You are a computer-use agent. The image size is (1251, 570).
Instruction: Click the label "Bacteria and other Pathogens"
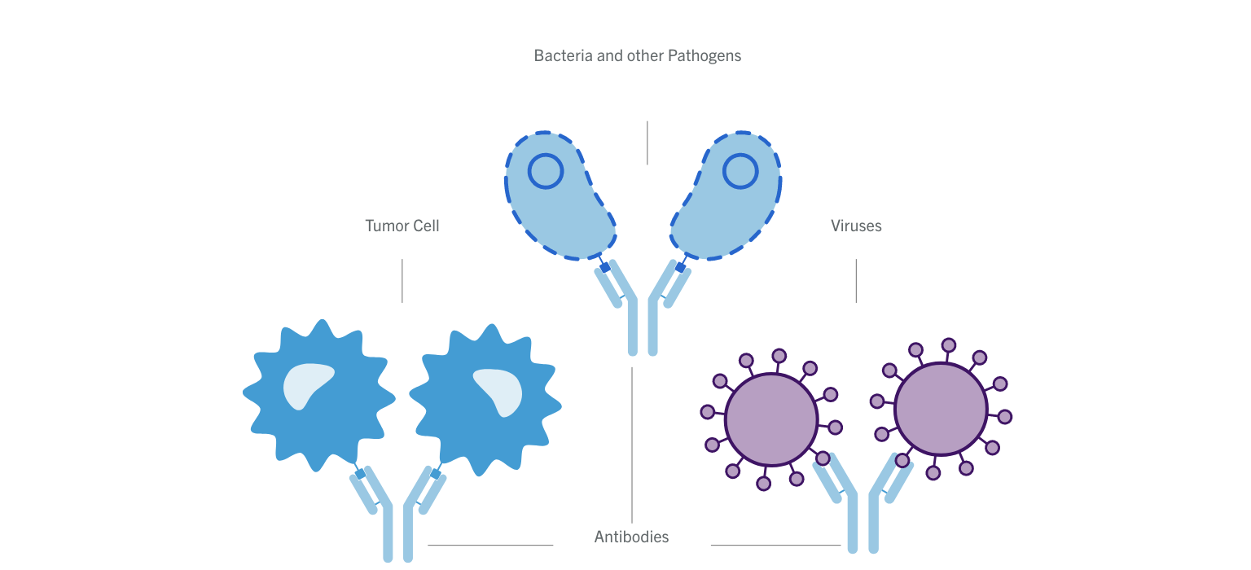tap(637, 56)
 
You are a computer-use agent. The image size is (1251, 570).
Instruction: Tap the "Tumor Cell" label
tap(402, 226)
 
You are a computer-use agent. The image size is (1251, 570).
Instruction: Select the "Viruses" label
tap(856, 226)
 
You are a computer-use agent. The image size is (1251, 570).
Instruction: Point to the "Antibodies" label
tap(631, 537)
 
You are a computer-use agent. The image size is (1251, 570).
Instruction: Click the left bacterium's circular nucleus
tap(545, 171)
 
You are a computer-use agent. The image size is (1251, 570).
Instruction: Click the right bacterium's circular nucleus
tap(740, 171)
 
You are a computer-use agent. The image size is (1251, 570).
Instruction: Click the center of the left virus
tap(770, 420)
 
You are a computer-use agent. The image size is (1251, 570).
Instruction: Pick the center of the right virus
tap(941, 409)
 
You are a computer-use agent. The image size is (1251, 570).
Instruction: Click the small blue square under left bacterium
tap(605, 267)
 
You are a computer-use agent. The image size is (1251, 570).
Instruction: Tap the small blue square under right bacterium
tap(680, 267)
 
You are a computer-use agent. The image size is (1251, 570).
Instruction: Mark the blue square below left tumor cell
tap(360, 474)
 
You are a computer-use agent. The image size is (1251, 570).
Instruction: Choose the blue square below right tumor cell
tap(436, 474)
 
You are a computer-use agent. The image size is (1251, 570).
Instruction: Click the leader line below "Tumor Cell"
tap(402, 281)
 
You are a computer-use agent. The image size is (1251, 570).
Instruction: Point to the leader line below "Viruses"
tap(856, 281)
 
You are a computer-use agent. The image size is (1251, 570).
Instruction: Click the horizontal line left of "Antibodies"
tap(490, 545)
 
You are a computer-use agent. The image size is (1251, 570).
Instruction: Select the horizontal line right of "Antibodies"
tap(775, 545)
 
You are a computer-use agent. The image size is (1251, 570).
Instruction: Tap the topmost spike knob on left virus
tap(779, 356)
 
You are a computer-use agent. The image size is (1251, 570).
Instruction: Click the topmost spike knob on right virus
tap(949, 344)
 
